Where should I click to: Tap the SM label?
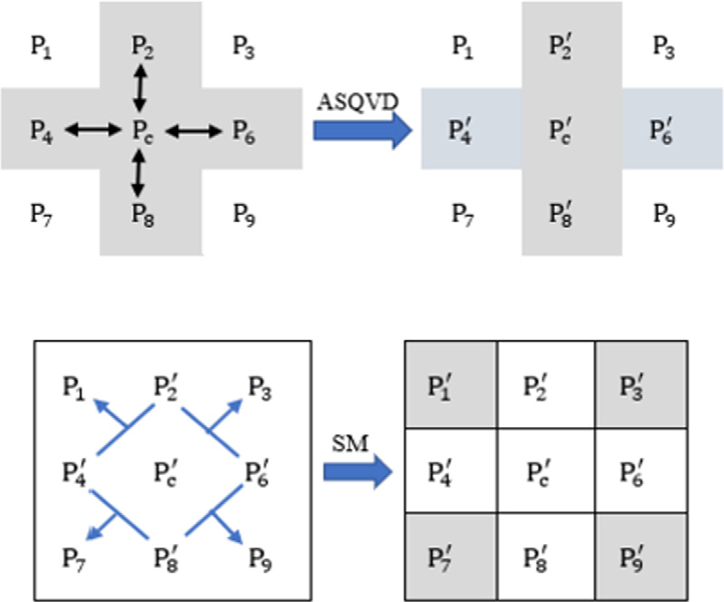point(351,444)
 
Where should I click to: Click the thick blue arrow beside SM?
point(357,472)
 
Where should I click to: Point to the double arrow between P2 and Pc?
point(138,88)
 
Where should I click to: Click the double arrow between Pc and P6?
point(192,132)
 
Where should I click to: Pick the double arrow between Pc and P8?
point(138,172)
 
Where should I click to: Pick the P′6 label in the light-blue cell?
point(661,129)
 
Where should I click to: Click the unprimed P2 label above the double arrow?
point(142,46)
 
